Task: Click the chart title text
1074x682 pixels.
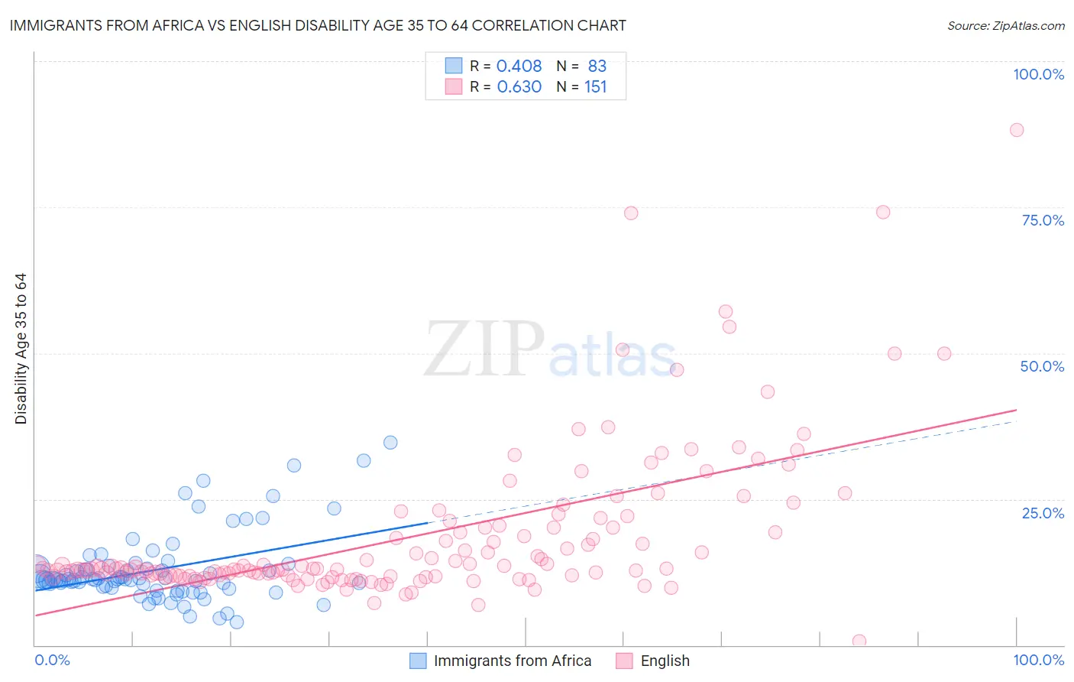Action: pyautogui.click(x=317, y=25)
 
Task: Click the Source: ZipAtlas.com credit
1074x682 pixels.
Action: pyautogui.click(x=1005, y=25)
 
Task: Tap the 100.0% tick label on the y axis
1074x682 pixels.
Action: pyautogui.click(x=1038, y=74)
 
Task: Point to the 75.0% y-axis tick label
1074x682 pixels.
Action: pyautogui.click(x=1043, y=220)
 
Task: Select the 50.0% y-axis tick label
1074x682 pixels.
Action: pyautogui.click(x=1042, y=366)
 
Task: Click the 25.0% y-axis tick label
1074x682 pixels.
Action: pyautogui.click(x=1043, y=513)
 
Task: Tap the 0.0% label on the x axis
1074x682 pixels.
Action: pyautogui.click(x=52, y=660)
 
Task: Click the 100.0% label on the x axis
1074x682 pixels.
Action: pyautogui.click(x=1038, y=660)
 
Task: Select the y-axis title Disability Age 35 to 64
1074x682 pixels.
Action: pyautogui.click(x=21, y=349)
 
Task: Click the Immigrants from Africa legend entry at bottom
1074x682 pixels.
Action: pyautogui.click(x=513, y=661)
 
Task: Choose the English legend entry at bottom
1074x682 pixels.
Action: pyautogui.click(x=665, y=661)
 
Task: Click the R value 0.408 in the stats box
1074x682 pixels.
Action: pyautogui.click(x=519, y=67)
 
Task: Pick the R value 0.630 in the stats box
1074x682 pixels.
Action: pyautogui.click(x=519, y=87)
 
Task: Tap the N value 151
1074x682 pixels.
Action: pyautogui.click(x=595, y=87)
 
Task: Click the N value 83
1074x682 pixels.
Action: pyautogui.click(x=597, y=67)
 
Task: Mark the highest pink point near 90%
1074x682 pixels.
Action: pyautogui.click(x=1016, y=130)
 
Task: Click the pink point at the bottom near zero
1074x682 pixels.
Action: pyautogui.click(x=859, y=641)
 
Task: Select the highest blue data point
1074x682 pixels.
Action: pyautogui.click(x=390, y=442)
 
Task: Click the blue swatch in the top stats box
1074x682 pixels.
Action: pyautogui.click(x=454, y=66)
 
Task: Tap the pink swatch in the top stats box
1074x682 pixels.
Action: pyautogui.click(x=454, y=86)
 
